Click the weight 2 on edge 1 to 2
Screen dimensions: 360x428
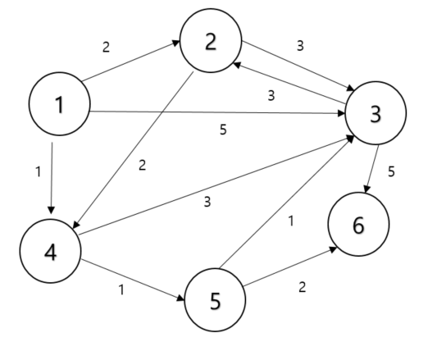click(105, 47)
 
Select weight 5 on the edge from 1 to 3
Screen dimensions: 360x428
click(223, 130)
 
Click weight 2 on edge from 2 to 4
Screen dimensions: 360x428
click(142, 165)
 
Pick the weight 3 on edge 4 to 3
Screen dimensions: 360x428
click(207, 202)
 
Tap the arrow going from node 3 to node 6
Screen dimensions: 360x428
click(371, 169)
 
